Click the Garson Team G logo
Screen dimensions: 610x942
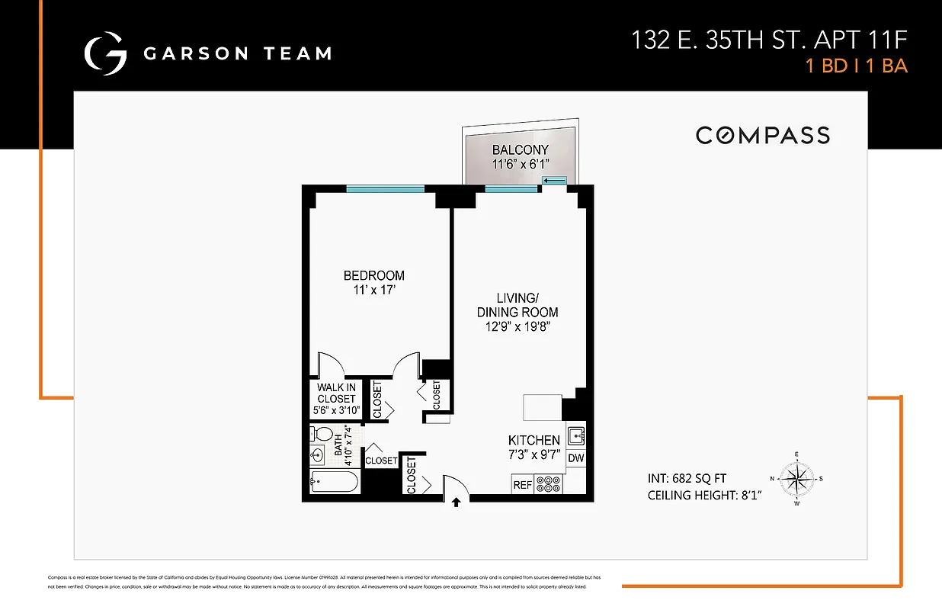pyautogui.click(x=105, y=53)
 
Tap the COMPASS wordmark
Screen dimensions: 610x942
pyautogui.click(x=763, y=136)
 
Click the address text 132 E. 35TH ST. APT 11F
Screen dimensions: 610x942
pyautogui.click(x=769, y=40)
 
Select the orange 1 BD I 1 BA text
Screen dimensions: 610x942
pyautogui.click(x=857, y=66)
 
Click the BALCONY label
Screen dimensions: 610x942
pyautogui.click(x=521, y=149)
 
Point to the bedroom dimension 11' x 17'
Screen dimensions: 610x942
pyautogui.click(x=373, y=290)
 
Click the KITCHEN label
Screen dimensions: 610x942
pyautogui.click(x=534, y=440)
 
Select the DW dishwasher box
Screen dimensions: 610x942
pyautogui.click(x=575, y=458)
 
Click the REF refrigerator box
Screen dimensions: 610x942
pyautogui.click(x=522, y=483)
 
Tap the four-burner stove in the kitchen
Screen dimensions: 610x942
pyautogui.click(x=548, y=483)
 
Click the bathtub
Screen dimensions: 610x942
pyautogui.click(x=334, y=483)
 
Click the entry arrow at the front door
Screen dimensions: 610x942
pyautogui.click(x=456, y=502)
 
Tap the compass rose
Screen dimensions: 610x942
pyautogui.click(x=796, y=479)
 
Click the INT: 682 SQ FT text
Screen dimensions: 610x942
pyautogui.click(x=687, y=479)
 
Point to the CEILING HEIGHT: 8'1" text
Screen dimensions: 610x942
pyautogui.click(x=705, y=496)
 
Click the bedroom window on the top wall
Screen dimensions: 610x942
pyautogui.click(x=385, y=189)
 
